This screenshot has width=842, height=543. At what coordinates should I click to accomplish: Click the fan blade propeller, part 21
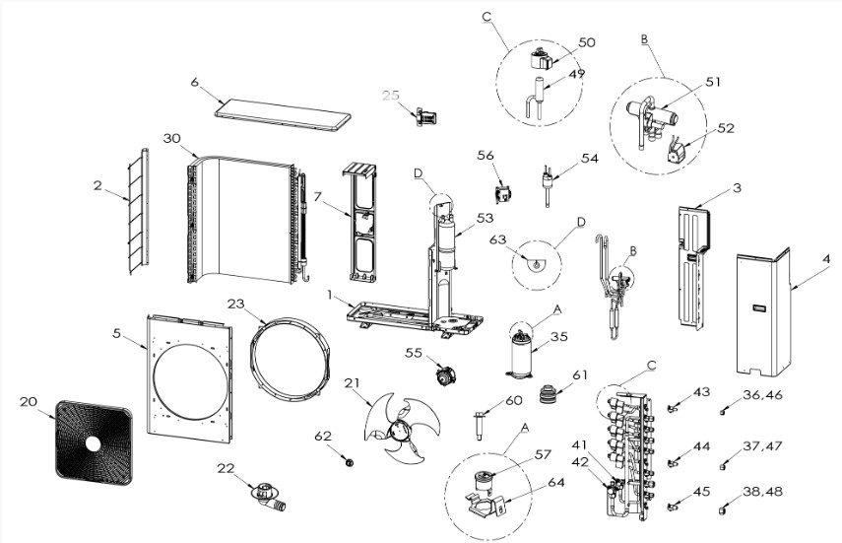click(x=396, y=430)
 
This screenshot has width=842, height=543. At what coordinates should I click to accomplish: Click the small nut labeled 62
click(x=351, y=461)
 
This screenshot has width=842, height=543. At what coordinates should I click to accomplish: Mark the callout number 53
click(x=486, y=217)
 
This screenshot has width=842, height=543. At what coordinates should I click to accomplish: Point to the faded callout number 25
click(x=392, y=96)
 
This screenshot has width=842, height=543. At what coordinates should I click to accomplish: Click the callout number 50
click(x=587, y=42)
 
